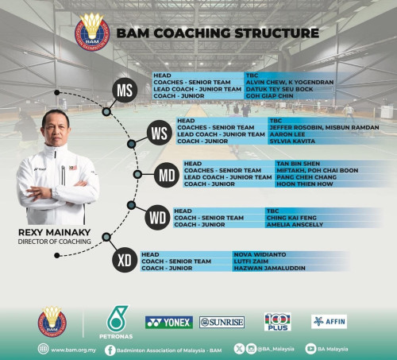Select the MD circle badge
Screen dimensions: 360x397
tap(167, 174)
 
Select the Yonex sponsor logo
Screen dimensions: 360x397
tap(168, 323)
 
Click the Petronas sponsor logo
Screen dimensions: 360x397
tap(117, 322)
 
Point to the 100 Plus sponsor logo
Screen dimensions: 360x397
tap(277, 322)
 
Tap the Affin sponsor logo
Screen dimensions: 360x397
tap(329, 322)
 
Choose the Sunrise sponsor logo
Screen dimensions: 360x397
tap(222, 323)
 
